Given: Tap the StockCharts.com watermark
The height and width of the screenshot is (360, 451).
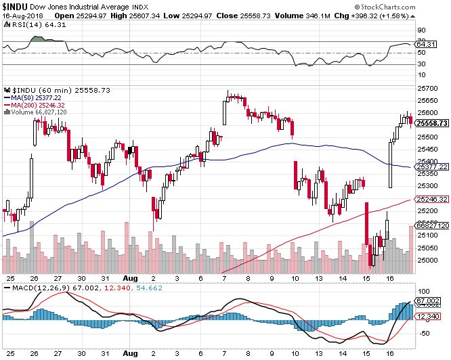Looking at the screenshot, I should tap(414, 6).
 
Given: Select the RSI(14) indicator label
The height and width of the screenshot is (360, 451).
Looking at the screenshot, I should tap(24, 25).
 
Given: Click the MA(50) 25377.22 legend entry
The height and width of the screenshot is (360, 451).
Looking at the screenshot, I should tap(39, 97).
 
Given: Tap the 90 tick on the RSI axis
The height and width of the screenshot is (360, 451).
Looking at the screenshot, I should tap(421, 30).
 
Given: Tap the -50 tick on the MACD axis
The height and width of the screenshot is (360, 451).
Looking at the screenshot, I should tap(423, 333).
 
